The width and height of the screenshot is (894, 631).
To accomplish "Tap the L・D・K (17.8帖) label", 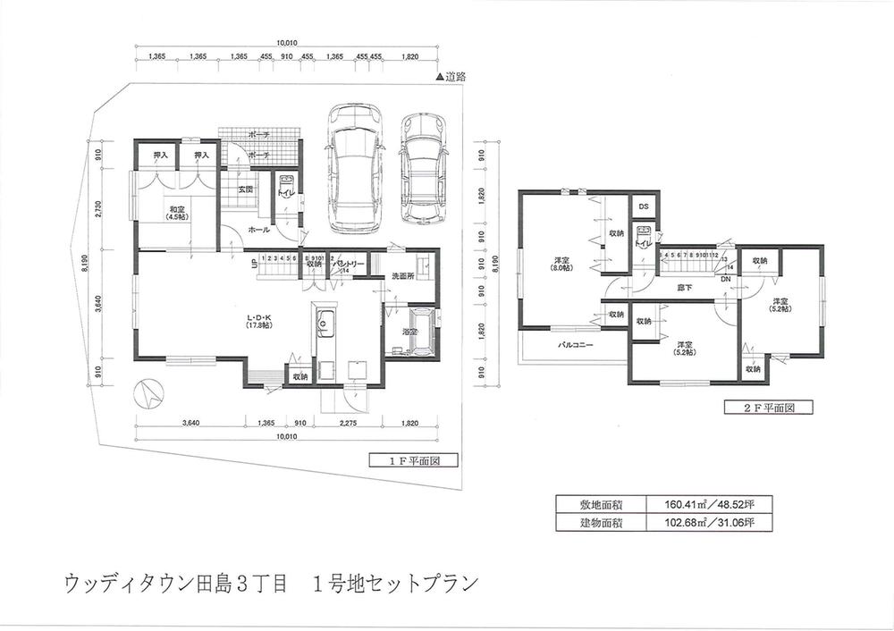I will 259,320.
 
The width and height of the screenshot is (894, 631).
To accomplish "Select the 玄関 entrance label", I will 246,189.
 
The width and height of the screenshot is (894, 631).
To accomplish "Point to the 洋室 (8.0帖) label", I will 562,265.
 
